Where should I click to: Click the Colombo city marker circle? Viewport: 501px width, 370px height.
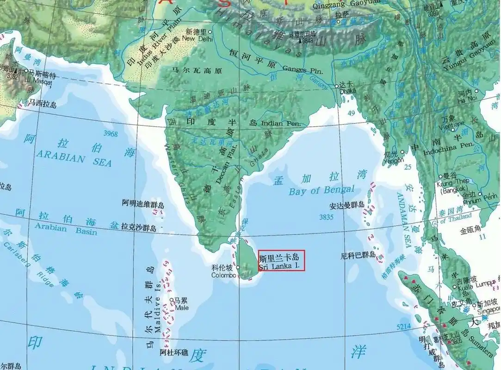tap(238, 267)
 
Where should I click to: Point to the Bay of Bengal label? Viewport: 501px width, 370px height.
tap(322, 190)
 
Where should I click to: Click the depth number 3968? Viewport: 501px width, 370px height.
tap(111, 134)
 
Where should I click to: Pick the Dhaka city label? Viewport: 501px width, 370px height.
tap(348, 91)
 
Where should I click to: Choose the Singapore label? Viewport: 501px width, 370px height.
tap(489, 310)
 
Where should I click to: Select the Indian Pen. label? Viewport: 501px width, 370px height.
tap(281, 123)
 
